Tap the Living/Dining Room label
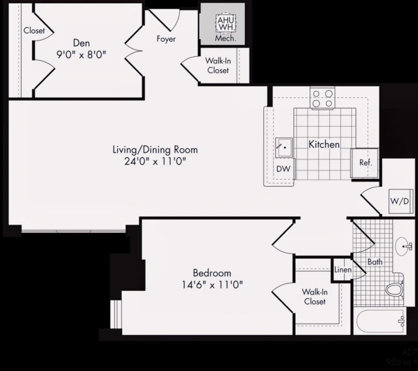coord(155,150)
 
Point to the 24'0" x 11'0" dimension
coord(155,161)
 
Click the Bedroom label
coord(212,272)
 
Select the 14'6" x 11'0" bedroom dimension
coord(212,285)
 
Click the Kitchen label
coord(324,144)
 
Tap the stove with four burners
coord(322,98)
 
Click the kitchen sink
coord(283,148)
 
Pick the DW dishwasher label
coord(283,169)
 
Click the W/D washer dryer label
coord(399,201)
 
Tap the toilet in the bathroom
coord(394,288)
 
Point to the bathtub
coord(382,321)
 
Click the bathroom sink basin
coord(405,247)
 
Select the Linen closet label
coord(343,270)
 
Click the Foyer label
coord(166,39)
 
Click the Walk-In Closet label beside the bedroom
coord(314,297)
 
